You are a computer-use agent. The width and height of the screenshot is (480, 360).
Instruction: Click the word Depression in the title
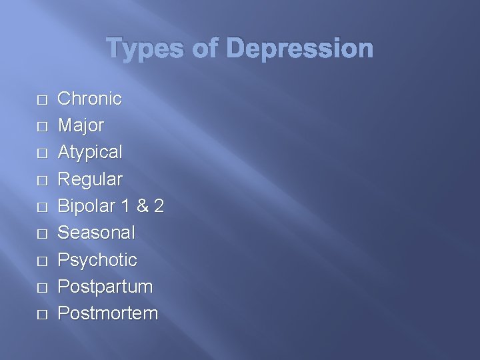299,49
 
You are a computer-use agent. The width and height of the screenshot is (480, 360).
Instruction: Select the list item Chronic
90,99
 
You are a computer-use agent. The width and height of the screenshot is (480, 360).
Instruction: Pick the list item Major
81,125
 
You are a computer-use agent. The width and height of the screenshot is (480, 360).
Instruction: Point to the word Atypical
90,152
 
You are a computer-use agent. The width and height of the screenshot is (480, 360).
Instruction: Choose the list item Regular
90,179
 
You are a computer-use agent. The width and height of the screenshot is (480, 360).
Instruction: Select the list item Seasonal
97,233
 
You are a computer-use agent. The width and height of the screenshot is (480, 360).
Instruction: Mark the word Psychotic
97,260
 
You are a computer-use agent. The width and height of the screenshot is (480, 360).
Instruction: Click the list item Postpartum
105,287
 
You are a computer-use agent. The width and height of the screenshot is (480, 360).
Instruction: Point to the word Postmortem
108,313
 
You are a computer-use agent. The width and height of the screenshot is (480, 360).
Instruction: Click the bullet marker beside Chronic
43,100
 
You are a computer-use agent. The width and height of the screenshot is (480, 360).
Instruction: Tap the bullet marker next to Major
43,127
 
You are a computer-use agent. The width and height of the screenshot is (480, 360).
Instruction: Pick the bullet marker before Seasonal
43,234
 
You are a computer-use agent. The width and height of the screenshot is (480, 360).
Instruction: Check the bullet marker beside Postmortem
43,315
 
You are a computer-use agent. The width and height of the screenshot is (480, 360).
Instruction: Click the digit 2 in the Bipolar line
158,206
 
